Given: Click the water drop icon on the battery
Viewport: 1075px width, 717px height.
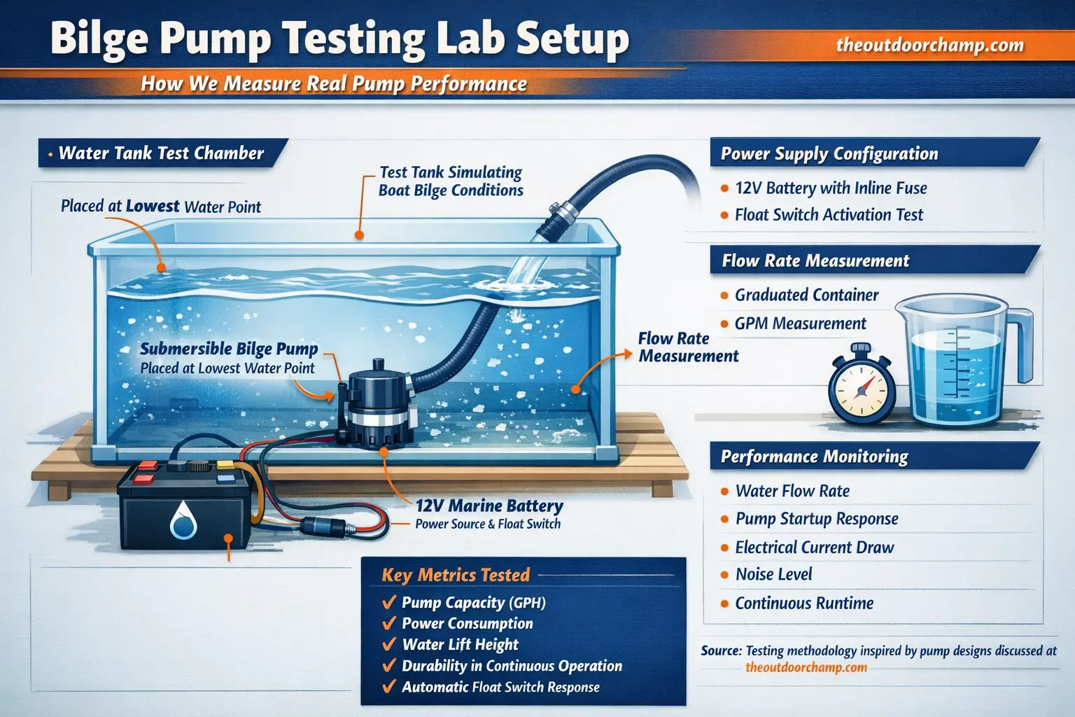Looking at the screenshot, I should (183, 520).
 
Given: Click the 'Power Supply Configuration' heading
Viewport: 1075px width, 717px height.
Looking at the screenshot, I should (829, 154).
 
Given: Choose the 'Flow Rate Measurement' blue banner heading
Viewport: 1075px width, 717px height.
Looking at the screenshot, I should (815, 261).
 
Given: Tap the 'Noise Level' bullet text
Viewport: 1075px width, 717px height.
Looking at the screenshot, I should (773, 575).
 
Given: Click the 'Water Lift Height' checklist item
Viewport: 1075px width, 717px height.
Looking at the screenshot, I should (460, 645).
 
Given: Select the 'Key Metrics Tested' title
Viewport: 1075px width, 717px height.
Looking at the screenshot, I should (456, 576).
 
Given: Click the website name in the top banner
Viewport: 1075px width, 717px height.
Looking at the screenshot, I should (929, 46).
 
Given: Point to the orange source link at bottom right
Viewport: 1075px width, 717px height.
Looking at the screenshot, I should (806, 667).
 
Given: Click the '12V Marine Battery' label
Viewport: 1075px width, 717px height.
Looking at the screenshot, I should (489, 506).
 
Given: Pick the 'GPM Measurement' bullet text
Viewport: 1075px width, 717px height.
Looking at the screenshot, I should (800, 323).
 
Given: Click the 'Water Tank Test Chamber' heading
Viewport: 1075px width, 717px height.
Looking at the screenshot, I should (161, 153).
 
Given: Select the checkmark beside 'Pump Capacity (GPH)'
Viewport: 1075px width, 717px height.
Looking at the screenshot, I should (389, 602).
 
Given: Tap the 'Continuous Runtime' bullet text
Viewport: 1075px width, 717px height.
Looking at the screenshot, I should (804, 603).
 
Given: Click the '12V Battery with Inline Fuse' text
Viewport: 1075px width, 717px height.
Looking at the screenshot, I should (831, 188).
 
